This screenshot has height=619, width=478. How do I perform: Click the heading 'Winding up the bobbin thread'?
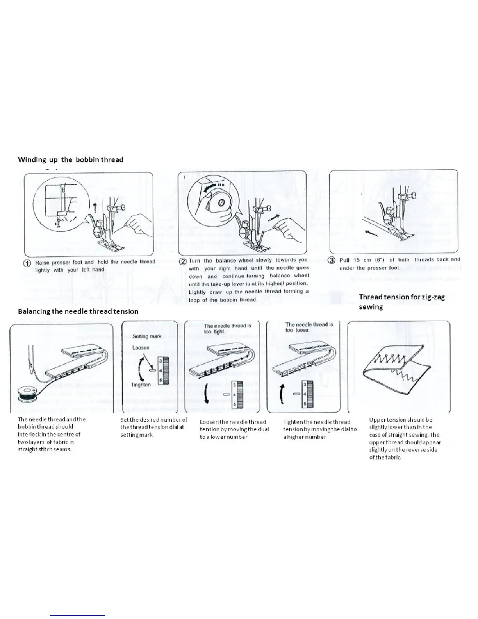point(71,159)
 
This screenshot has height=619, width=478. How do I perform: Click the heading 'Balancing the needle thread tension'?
point(78,311)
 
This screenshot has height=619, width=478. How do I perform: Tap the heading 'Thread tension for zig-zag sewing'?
point(401,302)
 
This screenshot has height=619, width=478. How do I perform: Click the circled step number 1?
point(27,263)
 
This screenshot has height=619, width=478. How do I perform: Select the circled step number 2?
point(182,261)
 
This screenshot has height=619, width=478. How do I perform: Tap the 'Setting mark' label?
point(147,336)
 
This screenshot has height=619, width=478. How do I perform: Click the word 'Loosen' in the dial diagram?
point(141,347)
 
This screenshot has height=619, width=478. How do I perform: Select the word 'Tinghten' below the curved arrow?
point(141,385)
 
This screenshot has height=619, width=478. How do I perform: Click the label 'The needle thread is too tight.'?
point(227,329)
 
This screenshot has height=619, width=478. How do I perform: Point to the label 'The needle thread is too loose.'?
point(309,327)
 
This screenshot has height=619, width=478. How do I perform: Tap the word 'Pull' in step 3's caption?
point(344,260)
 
